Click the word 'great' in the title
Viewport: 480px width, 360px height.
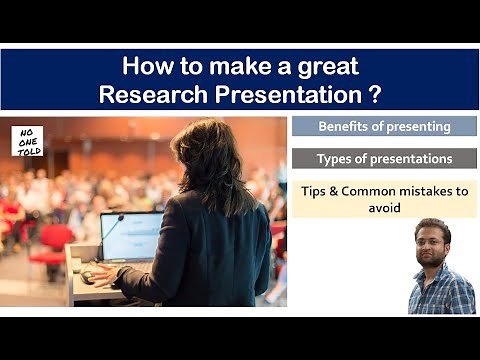(x=330, y=67)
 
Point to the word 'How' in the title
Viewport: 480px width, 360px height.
(x=144, y=67)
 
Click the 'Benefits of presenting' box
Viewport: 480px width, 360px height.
(x=384, y=127)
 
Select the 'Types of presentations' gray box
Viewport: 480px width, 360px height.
(x=384, y=159)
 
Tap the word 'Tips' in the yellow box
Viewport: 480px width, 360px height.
(x=318, y=191)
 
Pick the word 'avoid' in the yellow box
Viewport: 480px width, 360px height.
(x=384, y=208)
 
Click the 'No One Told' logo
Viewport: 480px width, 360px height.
(x=27, y=141)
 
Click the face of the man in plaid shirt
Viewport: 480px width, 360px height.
(x=432, y=245)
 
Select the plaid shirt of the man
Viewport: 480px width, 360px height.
(x=440, y=293)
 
